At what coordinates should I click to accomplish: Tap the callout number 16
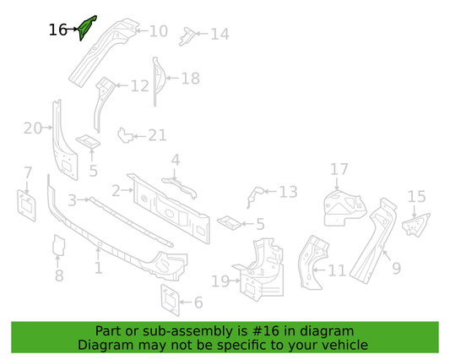(57, 30)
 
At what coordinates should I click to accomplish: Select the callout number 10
(159, 31)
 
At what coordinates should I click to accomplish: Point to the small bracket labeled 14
(187, 36)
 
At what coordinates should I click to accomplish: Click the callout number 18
(190, 79)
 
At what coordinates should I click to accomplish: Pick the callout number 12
(140, 86)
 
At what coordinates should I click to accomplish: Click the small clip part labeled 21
(125, 135)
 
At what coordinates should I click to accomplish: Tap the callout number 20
(33, 128)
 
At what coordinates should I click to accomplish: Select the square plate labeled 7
(27, 205)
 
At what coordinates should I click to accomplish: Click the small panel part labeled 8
(58, 245)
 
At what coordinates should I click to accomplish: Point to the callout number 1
(99, 268)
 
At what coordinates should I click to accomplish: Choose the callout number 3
(72, 200)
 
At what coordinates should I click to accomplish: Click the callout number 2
(116, 191)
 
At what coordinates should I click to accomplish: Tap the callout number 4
(176, 160)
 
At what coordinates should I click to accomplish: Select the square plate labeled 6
(171, 300)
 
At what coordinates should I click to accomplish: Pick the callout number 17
(339, 169)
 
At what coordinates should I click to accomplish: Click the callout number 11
(337, 270)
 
